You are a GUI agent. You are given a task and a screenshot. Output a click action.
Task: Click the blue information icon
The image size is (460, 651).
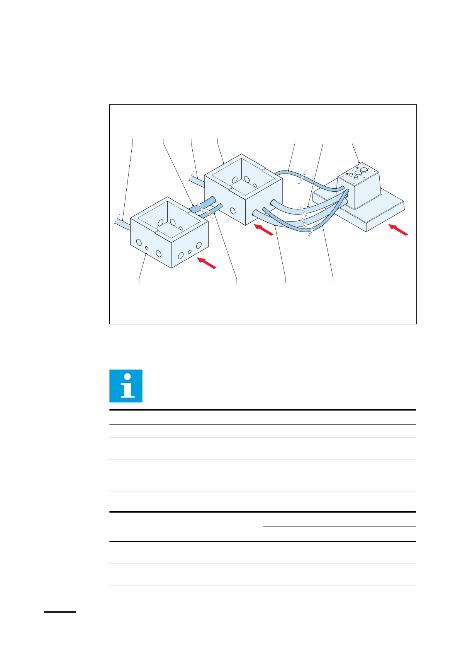(126, 386)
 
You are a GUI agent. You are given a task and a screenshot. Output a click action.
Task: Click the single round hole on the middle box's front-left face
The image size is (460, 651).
(233, 211)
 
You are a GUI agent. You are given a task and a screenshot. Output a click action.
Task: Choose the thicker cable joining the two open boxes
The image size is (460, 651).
(203, 205)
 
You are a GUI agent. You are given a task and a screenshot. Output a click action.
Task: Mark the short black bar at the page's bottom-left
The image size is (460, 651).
(60, 612)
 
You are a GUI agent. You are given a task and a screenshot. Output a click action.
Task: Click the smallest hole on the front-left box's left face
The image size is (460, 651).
(147, 248)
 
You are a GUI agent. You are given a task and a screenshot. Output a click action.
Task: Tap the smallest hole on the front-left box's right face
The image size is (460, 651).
(190, 252)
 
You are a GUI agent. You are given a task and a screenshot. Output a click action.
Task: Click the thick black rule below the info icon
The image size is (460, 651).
(263, 410)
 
